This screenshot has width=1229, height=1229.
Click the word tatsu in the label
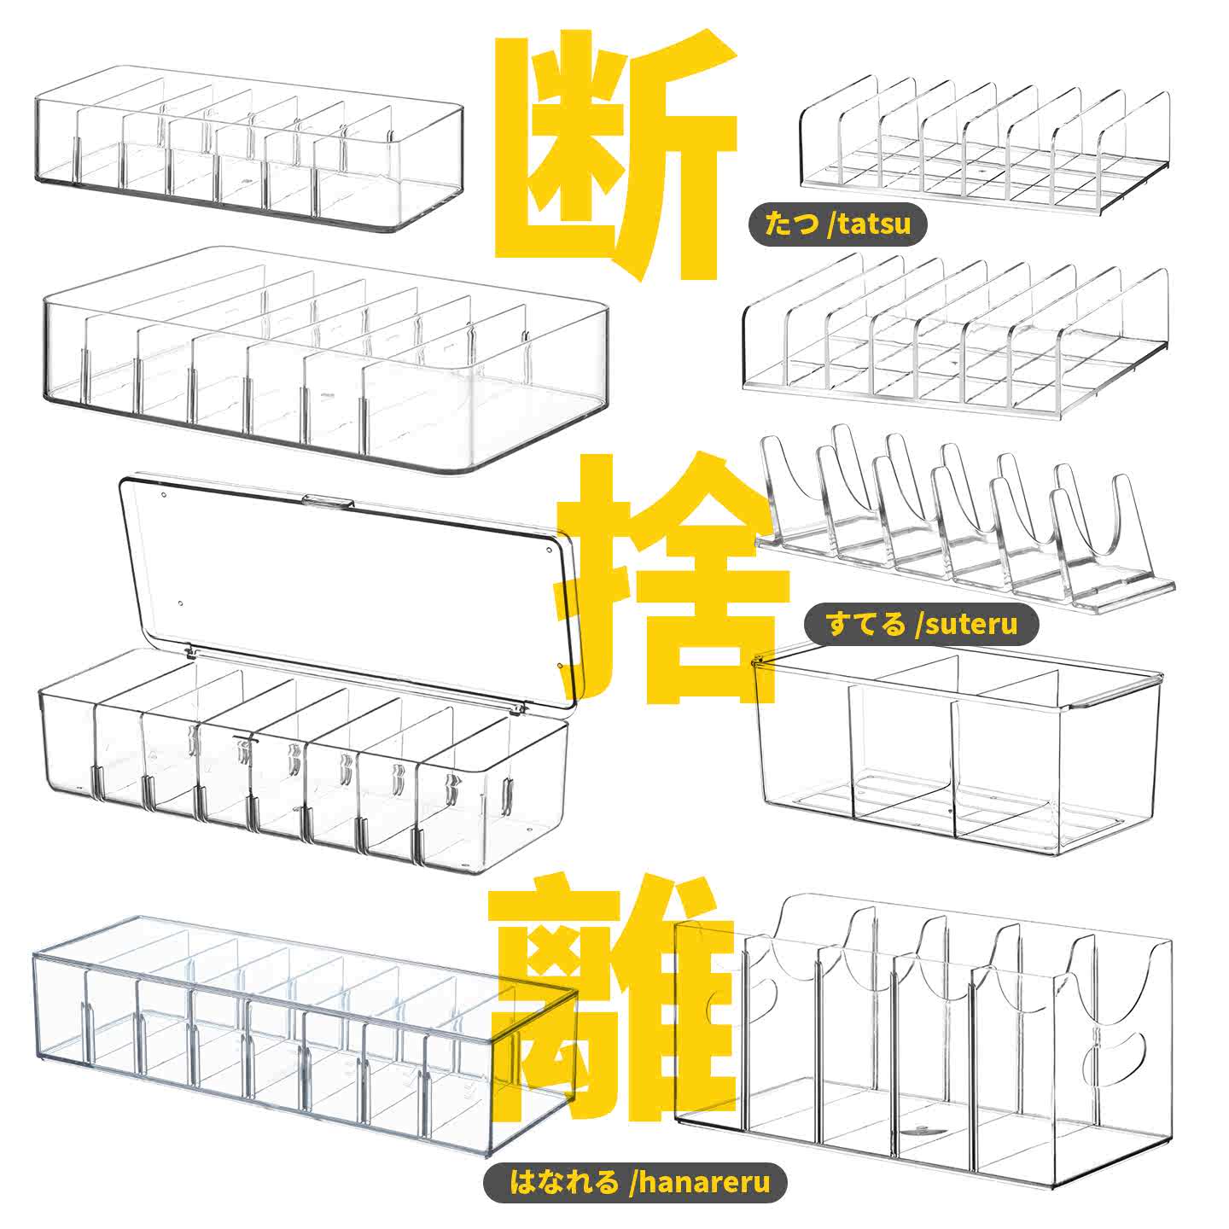[874, 224]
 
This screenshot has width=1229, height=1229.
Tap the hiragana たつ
[791, 224]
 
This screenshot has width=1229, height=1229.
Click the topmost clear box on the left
[248, 148]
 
